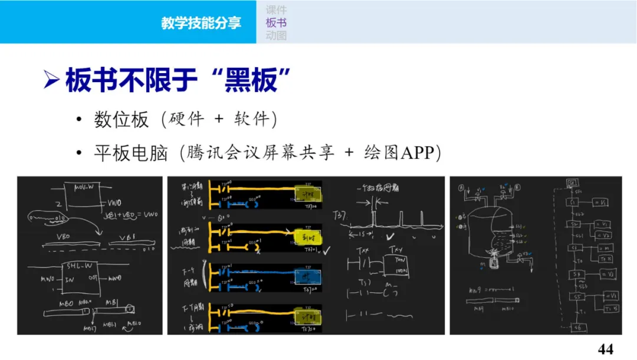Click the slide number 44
click(x=605, y=349)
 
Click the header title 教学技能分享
click(x=201, y=23)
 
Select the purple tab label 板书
click(x=276, y=23)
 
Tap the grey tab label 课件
click(x=276, y=9)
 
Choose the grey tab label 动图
click(x=276, y=36)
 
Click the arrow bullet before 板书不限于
click(x=52, y=80)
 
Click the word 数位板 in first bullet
click(x=122, y=120)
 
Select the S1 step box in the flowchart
click(x=573, y=202)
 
